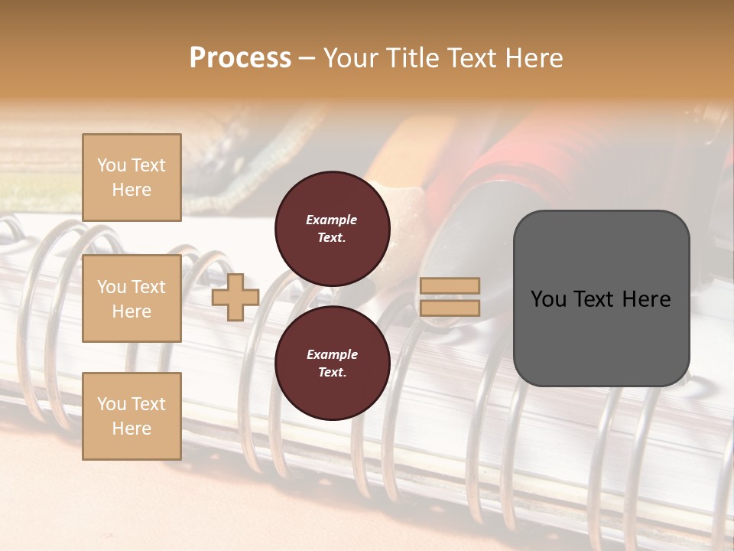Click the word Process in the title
click(x=240, y=58)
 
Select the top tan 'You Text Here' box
click(x=132, y=178)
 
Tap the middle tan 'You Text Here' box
click(x=132, y=298)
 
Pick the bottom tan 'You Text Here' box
click(x=132, y=416)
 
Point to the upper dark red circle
click(x=332, y=228)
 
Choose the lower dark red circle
click(x=332, y=363)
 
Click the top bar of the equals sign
click(x=450, y=286)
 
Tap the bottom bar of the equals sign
click(x=450, y=308)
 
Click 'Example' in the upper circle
click(x=332, y=220)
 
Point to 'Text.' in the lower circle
click(x=332, y=372)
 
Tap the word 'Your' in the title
click(x=349, y=58)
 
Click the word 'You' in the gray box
click(x=548, y=299)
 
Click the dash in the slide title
click(x=307, y=58)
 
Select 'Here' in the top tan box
click(x=132, y=190)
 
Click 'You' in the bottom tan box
click(x=112, y=403)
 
